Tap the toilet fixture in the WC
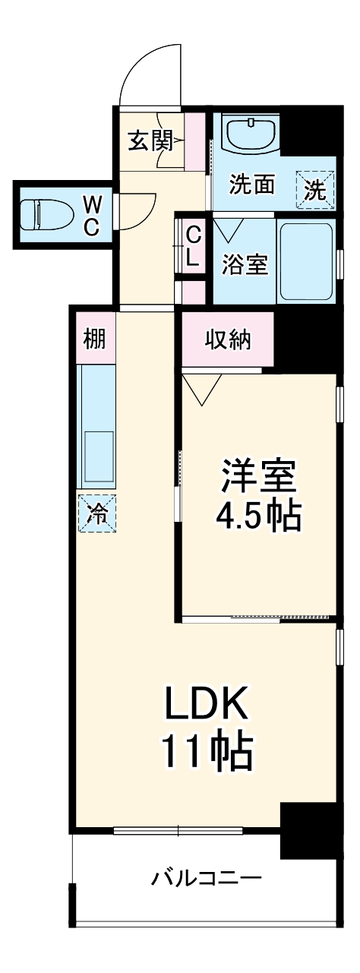[x=36, y=215]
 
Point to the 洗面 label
[x=252, y=185]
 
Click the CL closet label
[x=193, y=245]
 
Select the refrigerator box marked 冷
[x=96, y=513]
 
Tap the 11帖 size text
[x=206, y=751]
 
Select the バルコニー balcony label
[x=206, y=879]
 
